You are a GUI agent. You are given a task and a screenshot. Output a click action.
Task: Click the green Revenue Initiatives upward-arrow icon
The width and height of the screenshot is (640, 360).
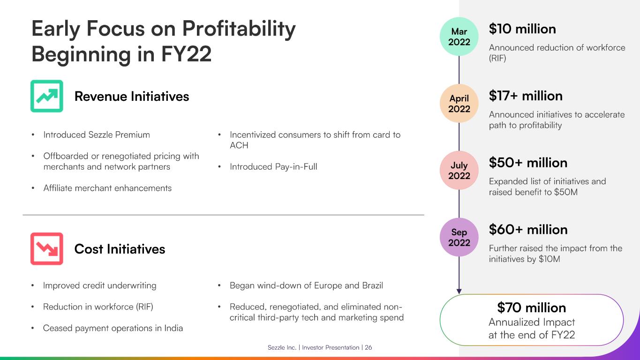pos(47,96)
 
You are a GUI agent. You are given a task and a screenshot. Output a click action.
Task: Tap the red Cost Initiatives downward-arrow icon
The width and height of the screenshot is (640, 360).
pos(47,249)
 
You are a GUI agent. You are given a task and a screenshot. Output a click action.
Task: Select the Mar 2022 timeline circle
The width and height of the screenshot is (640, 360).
pos(459,37)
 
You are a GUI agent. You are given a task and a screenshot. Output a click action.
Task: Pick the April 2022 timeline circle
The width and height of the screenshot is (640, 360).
pos(459,104)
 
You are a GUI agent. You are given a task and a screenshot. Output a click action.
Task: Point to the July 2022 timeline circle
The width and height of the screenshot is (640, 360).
pos(459,171)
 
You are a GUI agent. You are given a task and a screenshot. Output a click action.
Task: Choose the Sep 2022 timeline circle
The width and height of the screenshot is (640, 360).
pos(459,237)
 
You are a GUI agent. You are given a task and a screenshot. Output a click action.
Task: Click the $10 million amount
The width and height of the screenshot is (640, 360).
pos(522,29)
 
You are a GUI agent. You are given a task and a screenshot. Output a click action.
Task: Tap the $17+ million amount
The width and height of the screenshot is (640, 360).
pos(526,96)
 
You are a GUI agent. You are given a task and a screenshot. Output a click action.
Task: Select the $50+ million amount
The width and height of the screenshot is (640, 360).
pos(528,163)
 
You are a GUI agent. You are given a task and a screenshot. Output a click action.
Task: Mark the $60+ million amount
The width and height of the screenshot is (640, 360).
pos(528,230)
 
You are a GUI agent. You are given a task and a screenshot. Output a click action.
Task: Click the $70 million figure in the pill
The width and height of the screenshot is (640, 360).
pos(531,308)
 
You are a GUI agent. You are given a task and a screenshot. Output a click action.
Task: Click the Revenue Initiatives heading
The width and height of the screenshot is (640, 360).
pos(132,97)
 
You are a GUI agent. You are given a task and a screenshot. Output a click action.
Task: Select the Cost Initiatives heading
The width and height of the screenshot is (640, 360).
pos(120,249)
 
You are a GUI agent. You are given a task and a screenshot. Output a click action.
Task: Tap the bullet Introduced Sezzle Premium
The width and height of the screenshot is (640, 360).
pos(97,135)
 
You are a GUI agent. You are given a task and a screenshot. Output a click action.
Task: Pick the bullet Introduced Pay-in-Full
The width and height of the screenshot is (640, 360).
pos(273,167)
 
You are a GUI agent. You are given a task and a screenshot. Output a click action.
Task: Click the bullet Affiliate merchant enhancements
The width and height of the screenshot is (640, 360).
pos(107,188)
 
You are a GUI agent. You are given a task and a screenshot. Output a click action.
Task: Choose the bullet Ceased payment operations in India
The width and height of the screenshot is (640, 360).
pos(113,328)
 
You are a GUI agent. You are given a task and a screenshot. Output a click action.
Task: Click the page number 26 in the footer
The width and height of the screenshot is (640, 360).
pos(369,348)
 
